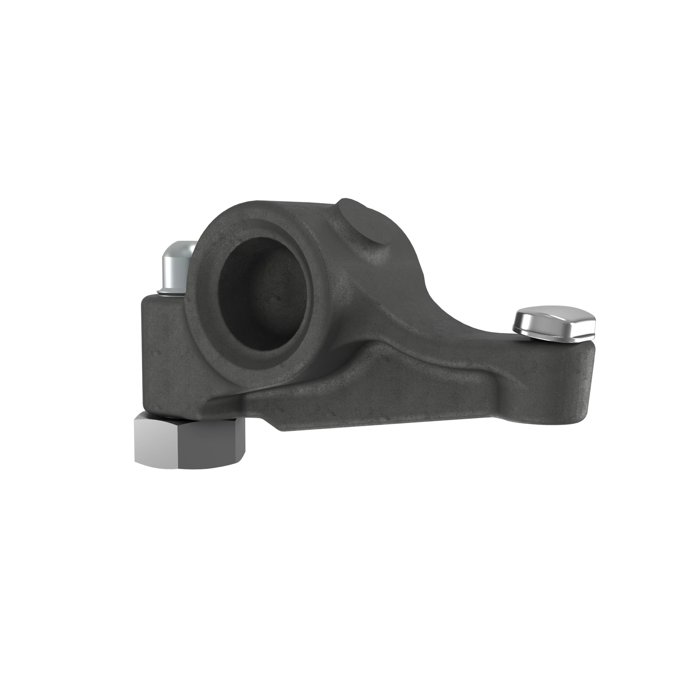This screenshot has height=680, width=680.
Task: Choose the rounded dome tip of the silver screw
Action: (180, 247)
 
